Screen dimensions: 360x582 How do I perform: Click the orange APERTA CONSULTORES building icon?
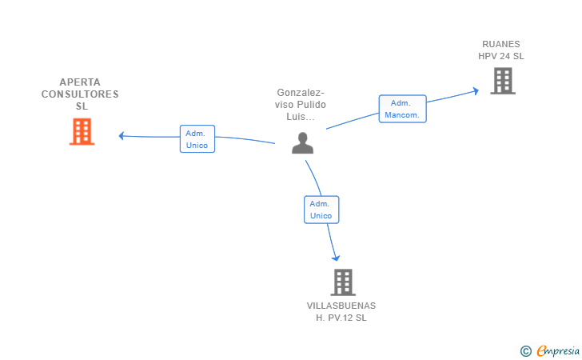click(x=82, y=132)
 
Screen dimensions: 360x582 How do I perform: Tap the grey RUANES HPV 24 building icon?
click(x=502, y=81)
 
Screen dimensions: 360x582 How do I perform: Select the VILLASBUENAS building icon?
click(x=342, y=282)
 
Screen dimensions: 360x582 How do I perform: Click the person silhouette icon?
click(x=302, y=142)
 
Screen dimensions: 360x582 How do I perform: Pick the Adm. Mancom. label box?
click(x=402, y=109)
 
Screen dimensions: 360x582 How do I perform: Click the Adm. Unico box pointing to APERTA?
click(x=197, y=139)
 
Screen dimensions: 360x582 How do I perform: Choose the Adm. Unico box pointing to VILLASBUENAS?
click(x=321, y=210)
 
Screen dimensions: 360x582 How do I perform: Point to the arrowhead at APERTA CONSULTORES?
click(x=122, y=135)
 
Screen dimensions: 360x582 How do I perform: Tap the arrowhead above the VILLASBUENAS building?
click(x=336, y=258)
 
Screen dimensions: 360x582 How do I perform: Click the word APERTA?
click(x=81, y=82)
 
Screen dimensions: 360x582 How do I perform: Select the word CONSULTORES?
click(x=81, y=94)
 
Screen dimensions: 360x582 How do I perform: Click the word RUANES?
click(x=501, y=44)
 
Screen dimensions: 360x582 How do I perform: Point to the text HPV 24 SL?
click(x=501, y=56)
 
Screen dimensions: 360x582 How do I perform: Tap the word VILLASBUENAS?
click(x=341, y=306)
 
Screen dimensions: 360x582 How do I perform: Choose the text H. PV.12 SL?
click(x=341, y=318)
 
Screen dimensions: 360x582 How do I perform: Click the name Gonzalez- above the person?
click(x=301, y=92)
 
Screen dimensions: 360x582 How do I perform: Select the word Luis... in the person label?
click(x=301, y=117)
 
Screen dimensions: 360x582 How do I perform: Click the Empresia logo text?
click(x=558, y=350)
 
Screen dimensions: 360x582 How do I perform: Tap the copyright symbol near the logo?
click(x=526, y=350)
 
